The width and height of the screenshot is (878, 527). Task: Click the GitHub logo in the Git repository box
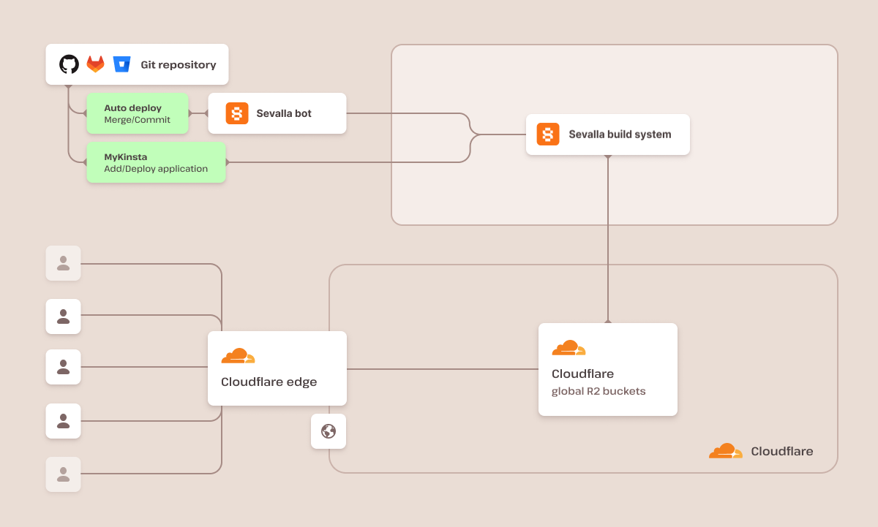[x=69, y=64]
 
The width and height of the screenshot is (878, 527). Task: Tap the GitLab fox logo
[x=96, y=64]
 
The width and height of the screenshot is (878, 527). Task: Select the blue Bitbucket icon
[x=121, y=64]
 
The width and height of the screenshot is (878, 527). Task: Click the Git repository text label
[x=178, y=65]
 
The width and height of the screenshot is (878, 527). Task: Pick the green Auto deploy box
[x=138, y=113]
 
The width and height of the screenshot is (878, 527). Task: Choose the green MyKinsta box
[x=155, y=162]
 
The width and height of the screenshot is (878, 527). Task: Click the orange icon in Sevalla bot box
[x=237, y=113]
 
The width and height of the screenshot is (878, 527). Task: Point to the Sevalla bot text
[x=283, y=113]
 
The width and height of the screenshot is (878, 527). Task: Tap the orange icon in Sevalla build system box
[x=548, y=134]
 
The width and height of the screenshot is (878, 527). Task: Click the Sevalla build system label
[x=619, y=134]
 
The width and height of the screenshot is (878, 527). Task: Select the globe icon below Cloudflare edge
[x=329, y=431]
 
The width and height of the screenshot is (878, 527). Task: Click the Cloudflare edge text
[x=269, y=382]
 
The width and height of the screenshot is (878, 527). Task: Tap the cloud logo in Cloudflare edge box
[x=238, y=356]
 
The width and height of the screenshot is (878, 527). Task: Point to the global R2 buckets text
[x=598, y=391]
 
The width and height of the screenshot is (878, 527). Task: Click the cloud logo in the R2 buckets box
[x=569, y=348]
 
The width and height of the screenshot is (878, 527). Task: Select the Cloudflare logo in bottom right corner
[x=725, y=451]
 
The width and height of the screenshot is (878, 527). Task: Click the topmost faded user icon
[x=64, y=263]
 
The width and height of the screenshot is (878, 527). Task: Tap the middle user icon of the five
[x=64, y=367]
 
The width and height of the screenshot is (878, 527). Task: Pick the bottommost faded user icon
[x=64, y=474]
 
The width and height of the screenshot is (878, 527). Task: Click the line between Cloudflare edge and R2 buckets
[x=442, y=369]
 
